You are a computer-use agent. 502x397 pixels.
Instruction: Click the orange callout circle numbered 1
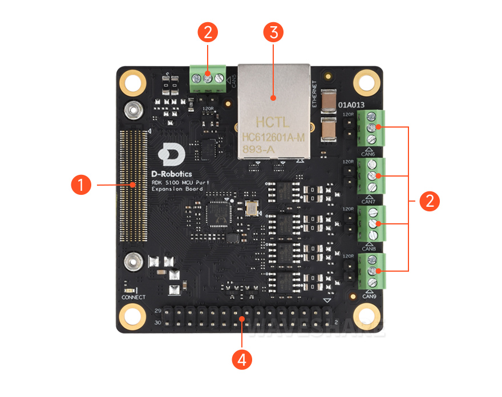point(82,185)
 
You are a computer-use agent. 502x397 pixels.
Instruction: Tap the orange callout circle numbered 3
point(274,32)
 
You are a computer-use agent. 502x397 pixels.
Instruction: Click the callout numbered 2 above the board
point(207,32)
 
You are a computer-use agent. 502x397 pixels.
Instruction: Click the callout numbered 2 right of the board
point(430,201)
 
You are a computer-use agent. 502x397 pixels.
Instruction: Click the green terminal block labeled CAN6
point(371,129)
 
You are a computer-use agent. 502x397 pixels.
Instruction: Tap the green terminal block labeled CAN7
point(371,177)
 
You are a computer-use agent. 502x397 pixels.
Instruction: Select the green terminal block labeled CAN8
point(371,224)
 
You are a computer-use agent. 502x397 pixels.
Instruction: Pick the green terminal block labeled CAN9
point(371,271)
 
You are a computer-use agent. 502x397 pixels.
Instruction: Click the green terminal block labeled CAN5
point(208,77)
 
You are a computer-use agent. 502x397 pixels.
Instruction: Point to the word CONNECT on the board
point(133,297)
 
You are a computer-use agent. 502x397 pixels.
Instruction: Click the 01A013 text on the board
point(352,105)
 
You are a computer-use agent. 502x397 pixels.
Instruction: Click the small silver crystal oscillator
point(251,209)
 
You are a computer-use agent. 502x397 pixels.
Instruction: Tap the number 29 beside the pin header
point(158,311)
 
